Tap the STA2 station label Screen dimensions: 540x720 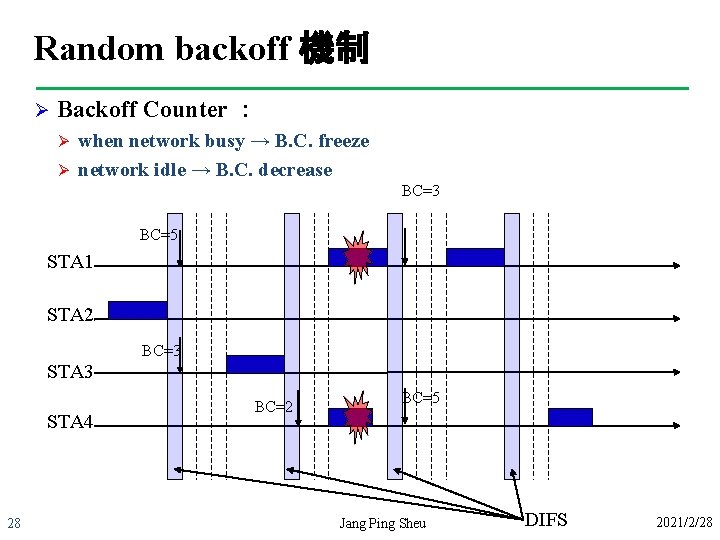[70, 316]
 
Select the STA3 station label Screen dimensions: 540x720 [70, 372]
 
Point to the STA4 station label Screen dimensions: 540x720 [70, 422]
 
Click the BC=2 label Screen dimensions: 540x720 [273, 407]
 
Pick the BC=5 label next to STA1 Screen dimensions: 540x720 [159, 235]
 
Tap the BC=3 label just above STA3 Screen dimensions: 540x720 [161, 351]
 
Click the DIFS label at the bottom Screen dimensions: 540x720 [546, 520]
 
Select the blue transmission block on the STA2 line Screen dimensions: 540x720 [137, 310]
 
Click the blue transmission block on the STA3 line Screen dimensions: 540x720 [255, 364]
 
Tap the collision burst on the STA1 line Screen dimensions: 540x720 [357, 258]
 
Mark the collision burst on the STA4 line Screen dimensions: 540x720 [357, 417]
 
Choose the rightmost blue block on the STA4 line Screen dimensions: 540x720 [570, 417]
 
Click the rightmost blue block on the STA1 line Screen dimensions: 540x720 [474, 257]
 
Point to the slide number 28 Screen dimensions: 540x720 [15, 523]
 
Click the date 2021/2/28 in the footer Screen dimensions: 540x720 [684, 523]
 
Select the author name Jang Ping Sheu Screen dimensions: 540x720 [382, 523]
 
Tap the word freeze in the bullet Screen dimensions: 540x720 [344, 141]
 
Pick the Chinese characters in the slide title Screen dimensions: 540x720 [335, 48]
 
